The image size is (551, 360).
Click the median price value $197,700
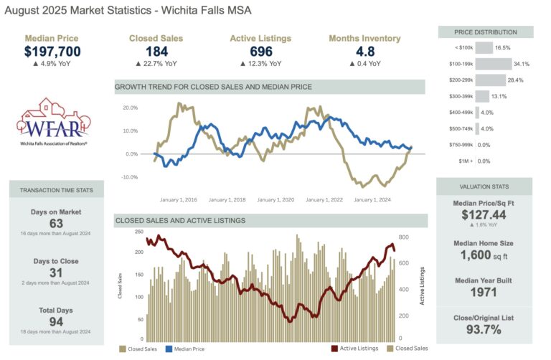pyautogui.click(x=52, y=51)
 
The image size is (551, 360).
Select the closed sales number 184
pyautogui.click(x=156, y=51)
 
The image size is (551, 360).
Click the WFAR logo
pyautogui.click(x=52, y=121)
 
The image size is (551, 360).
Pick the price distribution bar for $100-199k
pyautogui.click(x=493, y=64)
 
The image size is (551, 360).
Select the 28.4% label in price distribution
pyautogui.click(x=519, y=80)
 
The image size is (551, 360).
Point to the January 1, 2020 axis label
pyautogui.click(x=275, y=200)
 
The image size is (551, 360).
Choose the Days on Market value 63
pyautogui.click(x=55, y=224)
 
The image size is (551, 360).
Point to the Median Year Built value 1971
pyautogui.click(x=486, y=292)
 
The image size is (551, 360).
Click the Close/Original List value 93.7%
pyautogui.click(x=486, y=329)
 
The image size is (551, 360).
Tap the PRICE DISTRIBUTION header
pyautogui.click(x=486, y=32)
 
